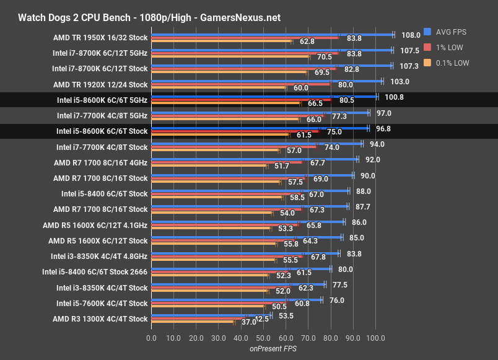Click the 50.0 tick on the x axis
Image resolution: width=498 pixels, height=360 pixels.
click(x=264, y=338)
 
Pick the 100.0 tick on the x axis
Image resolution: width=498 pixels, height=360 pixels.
click(x=375, y=338)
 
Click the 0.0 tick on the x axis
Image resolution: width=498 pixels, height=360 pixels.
click(x=152, y=338)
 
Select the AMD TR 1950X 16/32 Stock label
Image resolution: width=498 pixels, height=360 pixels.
click(x=100, y=37)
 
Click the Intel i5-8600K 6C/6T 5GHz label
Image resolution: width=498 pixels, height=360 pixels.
click(x=102, y=99)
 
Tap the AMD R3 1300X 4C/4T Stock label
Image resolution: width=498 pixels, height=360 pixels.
click(x=100, y=319)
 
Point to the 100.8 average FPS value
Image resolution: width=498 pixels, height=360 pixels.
click(x=394, y=97)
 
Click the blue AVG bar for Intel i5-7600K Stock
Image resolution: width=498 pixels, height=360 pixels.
click(x=235, y=299)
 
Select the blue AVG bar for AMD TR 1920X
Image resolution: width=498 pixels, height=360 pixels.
click(x=266, y=80)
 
